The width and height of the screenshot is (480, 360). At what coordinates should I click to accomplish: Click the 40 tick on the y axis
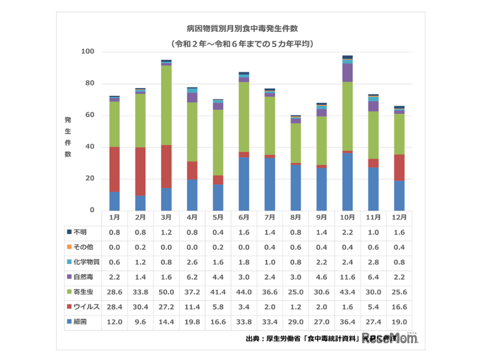[89, 147]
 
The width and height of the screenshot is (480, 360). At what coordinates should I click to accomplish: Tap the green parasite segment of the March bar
[166, 105]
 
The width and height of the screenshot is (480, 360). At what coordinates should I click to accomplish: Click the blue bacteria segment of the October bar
[348, 181]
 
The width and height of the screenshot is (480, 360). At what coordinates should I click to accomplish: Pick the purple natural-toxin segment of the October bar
[348, 73]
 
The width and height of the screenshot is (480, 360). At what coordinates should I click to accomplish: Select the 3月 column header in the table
[166, 217]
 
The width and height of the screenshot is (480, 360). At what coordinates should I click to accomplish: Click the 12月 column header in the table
[400, 217]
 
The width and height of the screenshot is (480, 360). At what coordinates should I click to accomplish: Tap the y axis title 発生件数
[68, 137]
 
